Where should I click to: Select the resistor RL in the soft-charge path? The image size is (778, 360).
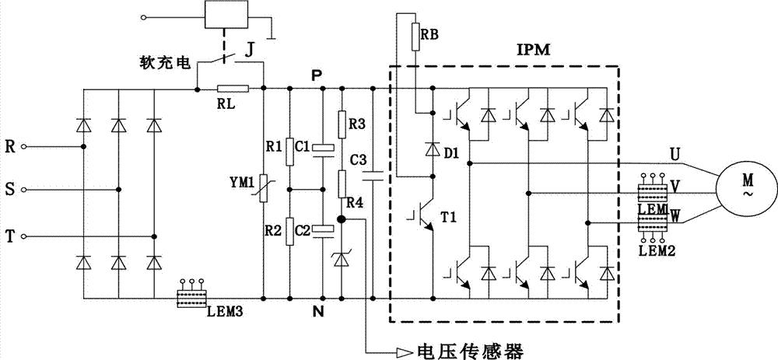pos(233,89)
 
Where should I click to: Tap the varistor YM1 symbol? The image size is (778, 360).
pos(264,188)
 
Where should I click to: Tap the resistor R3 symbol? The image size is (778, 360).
pos(341,122)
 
